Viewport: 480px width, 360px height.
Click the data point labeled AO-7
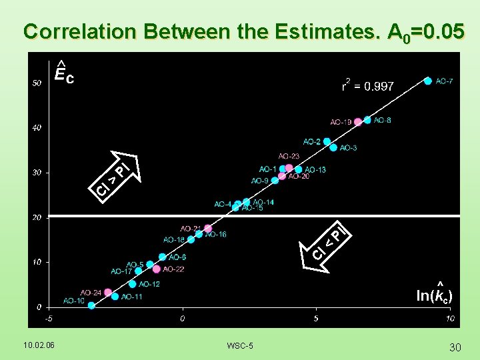[428, 81]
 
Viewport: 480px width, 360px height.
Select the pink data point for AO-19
[358, 121]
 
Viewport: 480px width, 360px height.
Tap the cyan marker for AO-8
[367, 120]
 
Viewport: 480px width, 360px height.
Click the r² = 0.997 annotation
[367, 86]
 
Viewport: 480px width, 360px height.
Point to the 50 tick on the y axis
[37, 83]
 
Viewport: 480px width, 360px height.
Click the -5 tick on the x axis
[49, 319]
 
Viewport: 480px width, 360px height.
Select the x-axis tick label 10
[450, 319]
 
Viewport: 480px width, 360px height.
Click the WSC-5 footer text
[239, 345]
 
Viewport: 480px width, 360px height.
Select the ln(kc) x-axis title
[434, 295]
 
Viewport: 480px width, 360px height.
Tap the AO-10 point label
[74, 301]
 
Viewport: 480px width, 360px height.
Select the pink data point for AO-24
[107, 292]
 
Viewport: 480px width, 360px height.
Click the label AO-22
[173, 269]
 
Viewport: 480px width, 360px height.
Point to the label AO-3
[348, 148]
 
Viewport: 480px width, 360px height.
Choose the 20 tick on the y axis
[37, 217]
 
